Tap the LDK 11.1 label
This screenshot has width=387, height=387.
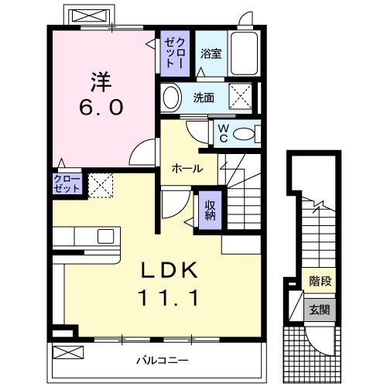(x=168, y=283)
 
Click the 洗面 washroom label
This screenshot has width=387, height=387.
(x=204, y=98)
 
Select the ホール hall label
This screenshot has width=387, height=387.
(x=187, y=168)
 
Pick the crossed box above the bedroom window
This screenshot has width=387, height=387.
(x=88, y=16)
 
